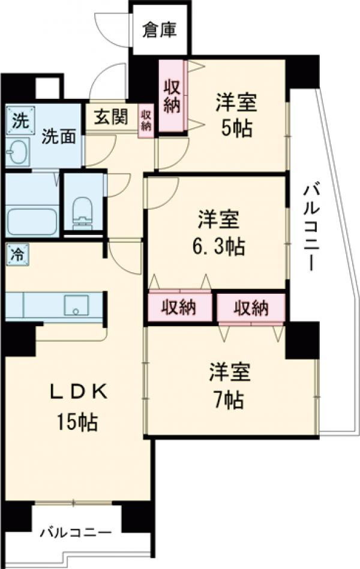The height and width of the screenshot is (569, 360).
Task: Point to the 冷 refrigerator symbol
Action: [x=17, y=254]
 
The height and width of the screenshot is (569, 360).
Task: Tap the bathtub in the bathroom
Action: [x=32, y=221]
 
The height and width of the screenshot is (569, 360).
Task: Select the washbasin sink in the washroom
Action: [x=20, y=151]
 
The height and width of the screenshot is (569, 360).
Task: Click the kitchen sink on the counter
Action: [x=76, y=305]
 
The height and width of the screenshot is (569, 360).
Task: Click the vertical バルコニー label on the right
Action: [x=310, y=228]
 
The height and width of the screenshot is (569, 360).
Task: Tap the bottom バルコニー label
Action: [x=76, y=532]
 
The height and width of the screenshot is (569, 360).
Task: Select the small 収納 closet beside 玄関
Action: [x=146, y=121]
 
